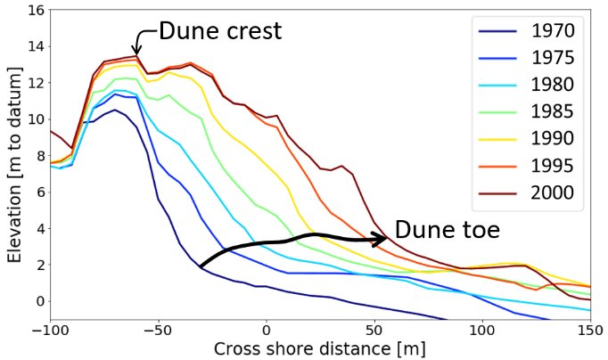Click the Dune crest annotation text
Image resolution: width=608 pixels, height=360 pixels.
coord(219,31)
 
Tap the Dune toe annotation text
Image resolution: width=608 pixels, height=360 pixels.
coord(447,230)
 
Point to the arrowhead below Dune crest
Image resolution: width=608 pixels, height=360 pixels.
coord(136,52)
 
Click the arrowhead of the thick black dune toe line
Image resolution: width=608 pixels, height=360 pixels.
coord(384,239)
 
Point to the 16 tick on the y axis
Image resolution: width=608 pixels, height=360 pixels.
coord(33,11)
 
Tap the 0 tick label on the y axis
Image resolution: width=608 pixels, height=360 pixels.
coord(37,301)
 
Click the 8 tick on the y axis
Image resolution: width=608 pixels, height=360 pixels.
coord(37,156)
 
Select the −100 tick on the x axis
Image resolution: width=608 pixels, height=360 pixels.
coord(50,329)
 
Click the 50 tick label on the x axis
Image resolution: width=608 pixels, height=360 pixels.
coord(374,329)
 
